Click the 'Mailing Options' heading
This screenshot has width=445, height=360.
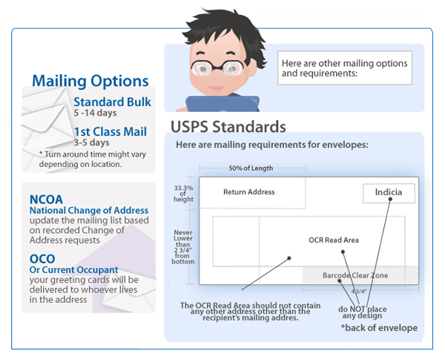pos(90,81)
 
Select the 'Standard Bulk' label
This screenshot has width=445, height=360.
pos(113,102)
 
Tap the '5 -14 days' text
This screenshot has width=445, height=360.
pos(95,113)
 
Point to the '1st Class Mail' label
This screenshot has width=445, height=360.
pos(111,131)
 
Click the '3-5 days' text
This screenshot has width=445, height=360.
pos(91,143)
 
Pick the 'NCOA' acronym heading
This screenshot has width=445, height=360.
pos(46,200)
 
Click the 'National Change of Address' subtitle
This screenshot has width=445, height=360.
pos(89,210)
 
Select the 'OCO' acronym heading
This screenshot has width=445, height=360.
pos(42,259)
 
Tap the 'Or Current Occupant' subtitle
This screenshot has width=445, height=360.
pos(73,269)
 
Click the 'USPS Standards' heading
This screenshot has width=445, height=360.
pos(228,127)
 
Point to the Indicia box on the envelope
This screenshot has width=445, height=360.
pos(389,193)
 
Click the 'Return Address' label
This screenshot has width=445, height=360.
pos(249,192)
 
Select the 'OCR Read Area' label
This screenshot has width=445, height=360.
pos(334,240)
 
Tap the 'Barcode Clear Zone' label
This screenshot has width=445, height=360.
pos(355,275)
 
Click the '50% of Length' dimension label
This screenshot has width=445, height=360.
pos(251,168)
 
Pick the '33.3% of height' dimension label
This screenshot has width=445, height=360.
pos(184,194)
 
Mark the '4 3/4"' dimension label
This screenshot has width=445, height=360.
pos(359,292)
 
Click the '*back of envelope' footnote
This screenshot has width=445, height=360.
pos(379,328)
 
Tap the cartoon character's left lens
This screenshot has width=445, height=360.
pos(202,68)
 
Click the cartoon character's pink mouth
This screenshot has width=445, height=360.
pos(216,88)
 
